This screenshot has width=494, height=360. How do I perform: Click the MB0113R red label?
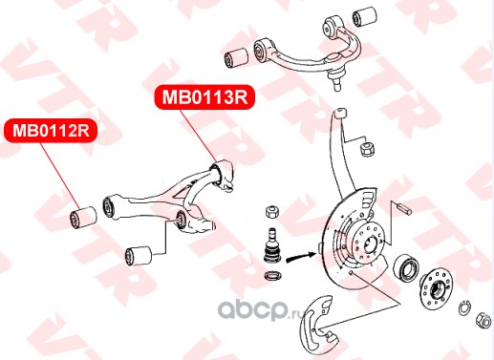204,97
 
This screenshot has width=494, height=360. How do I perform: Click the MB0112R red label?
51,131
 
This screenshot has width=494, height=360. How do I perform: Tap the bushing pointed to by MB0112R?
83,218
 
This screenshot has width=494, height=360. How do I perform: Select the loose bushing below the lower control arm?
139,255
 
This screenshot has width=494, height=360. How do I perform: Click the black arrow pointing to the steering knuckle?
300,257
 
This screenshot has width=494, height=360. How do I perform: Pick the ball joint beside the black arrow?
271,245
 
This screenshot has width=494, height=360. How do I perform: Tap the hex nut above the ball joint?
272,211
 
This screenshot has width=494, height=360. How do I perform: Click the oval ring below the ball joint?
273,275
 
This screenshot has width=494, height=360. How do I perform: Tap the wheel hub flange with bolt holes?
436,288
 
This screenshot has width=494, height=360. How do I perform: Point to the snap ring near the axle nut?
464,307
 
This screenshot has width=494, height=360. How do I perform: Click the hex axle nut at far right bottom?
483,320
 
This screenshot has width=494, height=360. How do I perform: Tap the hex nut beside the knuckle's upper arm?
367,148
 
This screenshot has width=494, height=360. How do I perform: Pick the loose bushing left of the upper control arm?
236,58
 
